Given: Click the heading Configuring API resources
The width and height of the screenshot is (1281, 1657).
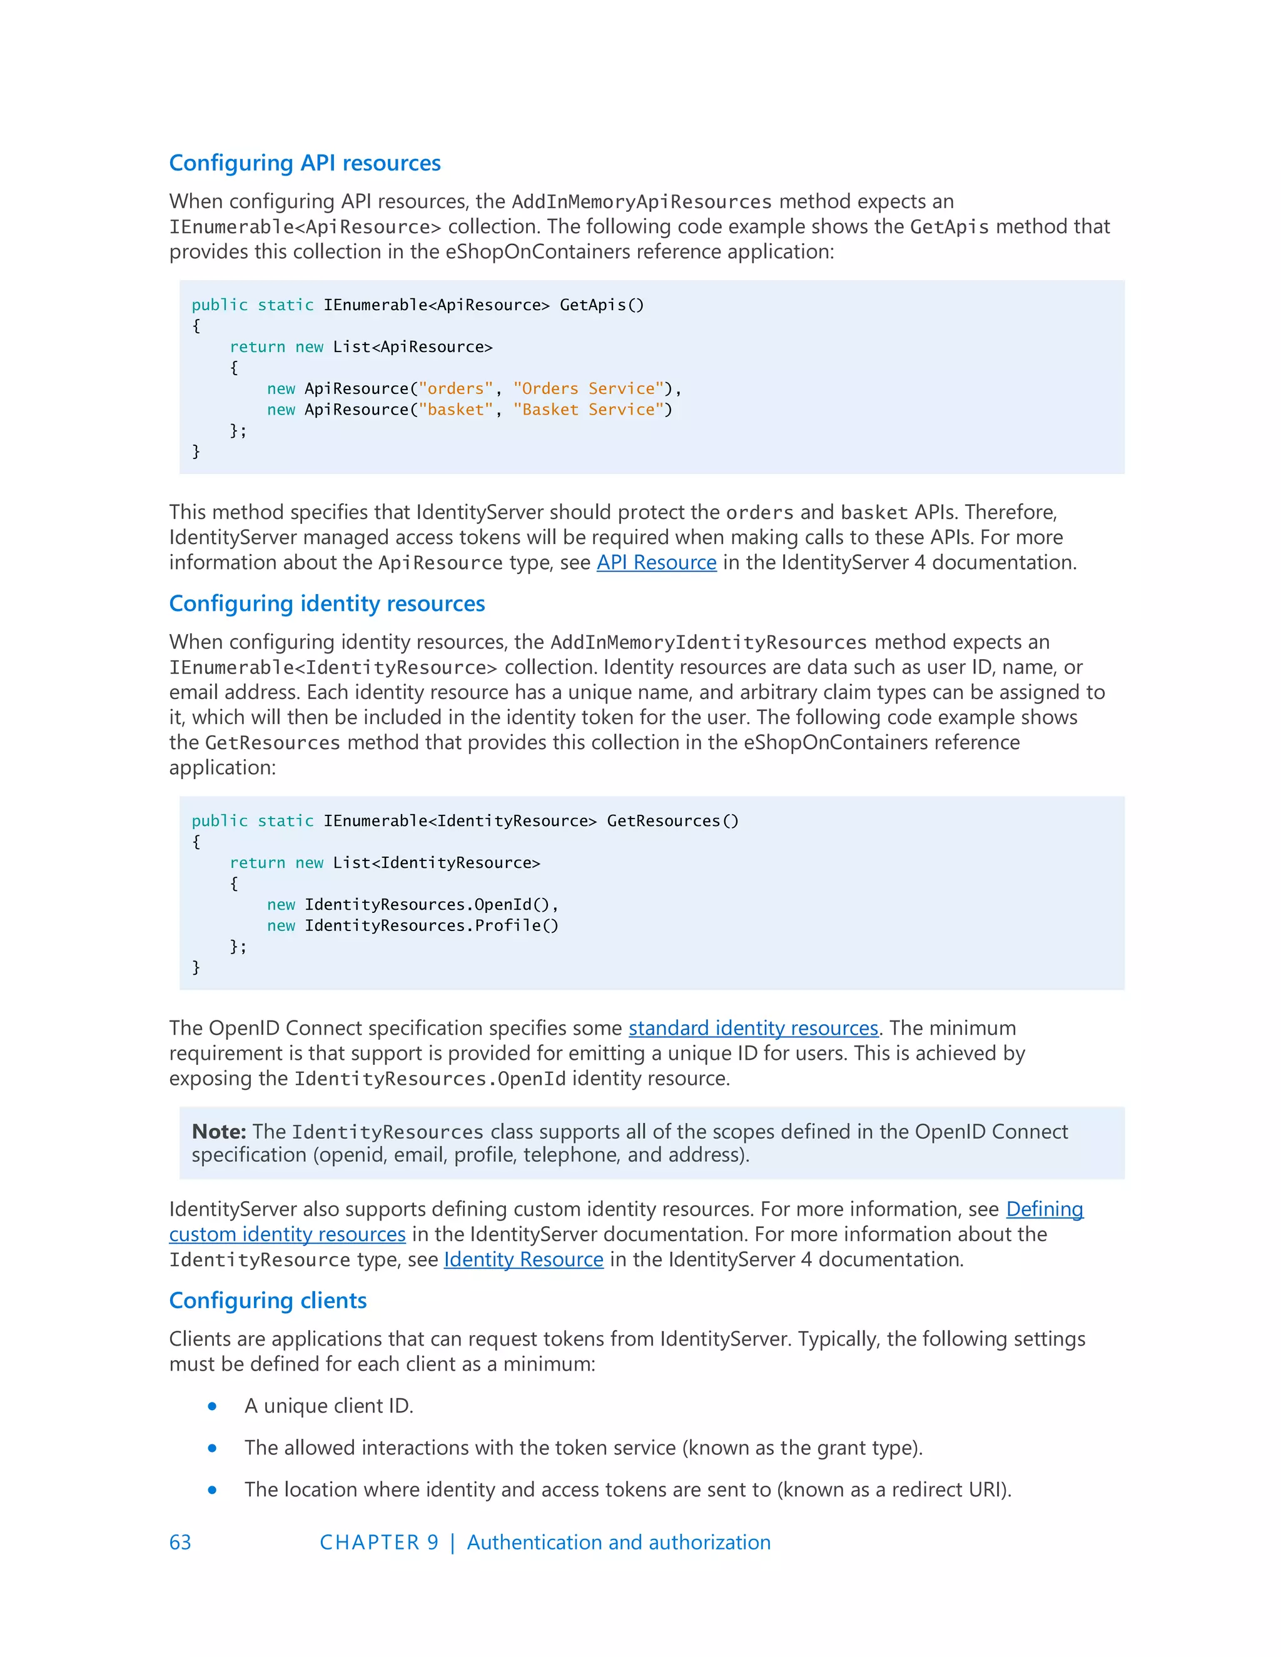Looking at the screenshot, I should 305,163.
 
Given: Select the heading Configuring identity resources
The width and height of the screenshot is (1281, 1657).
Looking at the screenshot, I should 327,603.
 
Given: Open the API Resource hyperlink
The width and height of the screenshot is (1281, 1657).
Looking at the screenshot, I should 656,562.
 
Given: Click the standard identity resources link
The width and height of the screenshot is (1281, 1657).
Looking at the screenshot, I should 753,1028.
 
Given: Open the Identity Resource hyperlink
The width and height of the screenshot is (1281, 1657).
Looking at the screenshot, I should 524,1259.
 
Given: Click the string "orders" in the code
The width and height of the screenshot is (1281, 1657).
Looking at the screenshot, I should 455,388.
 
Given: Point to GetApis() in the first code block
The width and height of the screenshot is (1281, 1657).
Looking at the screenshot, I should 602,305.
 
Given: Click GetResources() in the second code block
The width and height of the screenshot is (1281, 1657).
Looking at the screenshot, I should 672,821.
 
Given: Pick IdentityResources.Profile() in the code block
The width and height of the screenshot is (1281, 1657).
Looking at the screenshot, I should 431,925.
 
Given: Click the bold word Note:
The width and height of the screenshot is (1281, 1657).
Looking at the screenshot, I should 218,1131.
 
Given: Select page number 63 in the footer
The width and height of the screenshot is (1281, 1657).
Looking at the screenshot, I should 181,1543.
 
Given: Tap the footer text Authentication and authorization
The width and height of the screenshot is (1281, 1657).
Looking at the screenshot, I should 619,1543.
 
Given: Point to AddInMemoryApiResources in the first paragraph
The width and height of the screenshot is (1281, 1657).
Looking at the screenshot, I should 641,202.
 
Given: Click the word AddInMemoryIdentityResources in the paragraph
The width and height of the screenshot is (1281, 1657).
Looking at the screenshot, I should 708,643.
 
